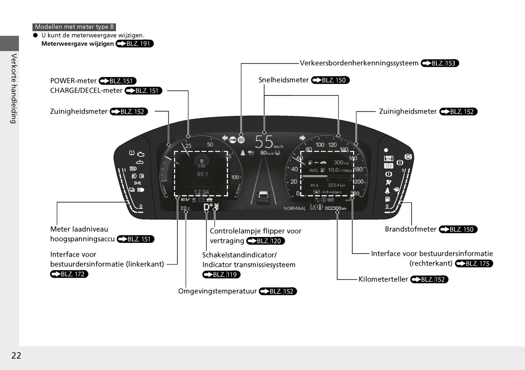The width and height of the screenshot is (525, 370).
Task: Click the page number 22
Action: point(16,355)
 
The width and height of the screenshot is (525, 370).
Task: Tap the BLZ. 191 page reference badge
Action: point(135,44)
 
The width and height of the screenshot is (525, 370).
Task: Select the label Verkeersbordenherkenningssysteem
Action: point(359,63)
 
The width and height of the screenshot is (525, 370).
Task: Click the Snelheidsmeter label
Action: point(283,80)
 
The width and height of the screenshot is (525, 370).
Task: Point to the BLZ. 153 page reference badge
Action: point(440,63)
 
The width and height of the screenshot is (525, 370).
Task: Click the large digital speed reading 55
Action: point(264,142)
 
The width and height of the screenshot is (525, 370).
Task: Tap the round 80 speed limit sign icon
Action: point(241,139)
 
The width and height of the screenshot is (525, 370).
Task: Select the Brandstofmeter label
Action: point(411,229)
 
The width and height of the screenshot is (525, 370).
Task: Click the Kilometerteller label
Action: point(383,279)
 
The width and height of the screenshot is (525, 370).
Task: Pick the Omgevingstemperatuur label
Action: point(217,291)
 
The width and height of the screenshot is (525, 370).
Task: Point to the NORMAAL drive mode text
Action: point(294,208)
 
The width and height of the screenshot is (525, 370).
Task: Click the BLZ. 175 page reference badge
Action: point(474,264)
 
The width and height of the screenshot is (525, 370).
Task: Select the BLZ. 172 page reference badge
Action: point(69,274)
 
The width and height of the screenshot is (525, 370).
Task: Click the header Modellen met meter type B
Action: point(74,27)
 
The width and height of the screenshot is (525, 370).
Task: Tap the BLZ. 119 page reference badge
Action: point(221,275)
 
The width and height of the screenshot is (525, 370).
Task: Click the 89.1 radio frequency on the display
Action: point(202,174)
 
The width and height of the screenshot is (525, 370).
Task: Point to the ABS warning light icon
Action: point(408,157)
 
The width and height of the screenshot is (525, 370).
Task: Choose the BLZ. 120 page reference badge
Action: point(265,241)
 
